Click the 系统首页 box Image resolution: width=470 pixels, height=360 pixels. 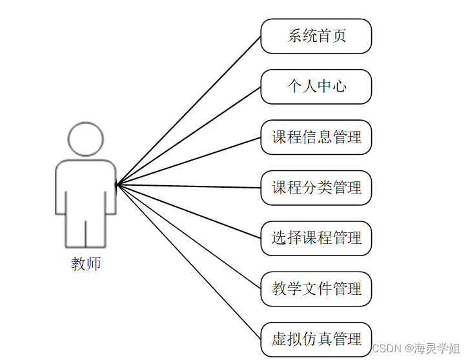click(316, 36)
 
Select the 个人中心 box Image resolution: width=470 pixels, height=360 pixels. click(316, 86)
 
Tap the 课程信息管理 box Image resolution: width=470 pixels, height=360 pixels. click(316, 137)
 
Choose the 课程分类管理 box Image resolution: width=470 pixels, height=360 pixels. click(316, 188)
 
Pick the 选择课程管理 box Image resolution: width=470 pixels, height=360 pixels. click(316, 238)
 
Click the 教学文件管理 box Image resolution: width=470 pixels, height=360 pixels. click(316, 288)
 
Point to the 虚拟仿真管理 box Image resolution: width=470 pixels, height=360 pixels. click(316, 339)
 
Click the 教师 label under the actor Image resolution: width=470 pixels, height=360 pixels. click(86, 264)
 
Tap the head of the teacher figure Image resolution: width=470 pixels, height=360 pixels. click(86, 139)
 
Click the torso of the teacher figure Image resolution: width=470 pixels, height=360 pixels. click(86, 187)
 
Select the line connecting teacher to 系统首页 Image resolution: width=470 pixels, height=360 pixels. click(189, 110)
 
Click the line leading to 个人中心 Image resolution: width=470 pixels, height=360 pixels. click(189, 135)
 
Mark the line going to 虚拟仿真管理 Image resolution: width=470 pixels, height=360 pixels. click(189, 262)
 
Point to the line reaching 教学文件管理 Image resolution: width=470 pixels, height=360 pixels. click(189, 237)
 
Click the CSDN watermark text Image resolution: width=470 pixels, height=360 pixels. click(388, 348)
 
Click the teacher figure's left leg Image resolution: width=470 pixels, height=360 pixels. click(76, 232)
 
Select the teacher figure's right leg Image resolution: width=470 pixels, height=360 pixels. click(96, 232)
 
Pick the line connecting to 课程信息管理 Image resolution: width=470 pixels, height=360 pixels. click(189, 161)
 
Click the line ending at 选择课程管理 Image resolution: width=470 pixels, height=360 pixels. click(189, 211)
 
